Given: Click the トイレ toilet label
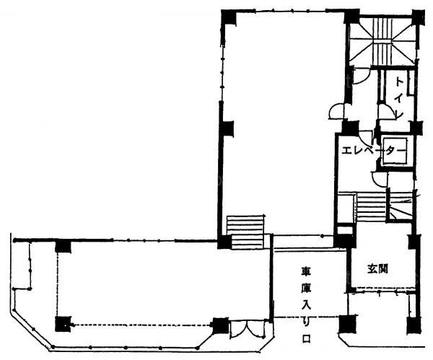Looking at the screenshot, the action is [399, 97].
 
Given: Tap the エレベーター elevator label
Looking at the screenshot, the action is [374, 151].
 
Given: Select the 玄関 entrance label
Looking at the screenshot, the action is [377, 268].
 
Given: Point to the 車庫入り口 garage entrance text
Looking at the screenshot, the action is [306, 304].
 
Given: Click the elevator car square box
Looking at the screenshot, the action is [396, 152].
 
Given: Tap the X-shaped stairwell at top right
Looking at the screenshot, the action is [382, 42].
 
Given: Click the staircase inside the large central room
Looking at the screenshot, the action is [245, 232].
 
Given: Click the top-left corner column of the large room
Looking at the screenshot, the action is [229, 17].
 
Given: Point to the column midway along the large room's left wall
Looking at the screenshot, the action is [227, 128].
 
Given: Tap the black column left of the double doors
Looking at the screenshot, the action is [221, 326].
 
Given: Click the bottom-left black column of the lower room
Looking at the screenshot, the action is [64, 324].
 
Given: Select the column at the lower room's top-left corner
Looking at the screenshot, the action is [63, 247].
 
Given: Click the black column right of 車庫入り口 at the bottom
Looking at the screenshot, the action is [348, 324].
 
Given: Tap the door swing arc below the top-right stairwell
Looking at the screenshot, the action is [362, 76].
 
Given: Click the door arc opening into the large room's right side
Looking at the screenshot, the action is [336, 111].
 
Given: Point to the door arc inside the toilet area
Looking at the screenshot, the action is [386, 111].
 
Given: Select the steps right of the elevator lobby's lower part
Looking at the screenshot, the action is [371, 207].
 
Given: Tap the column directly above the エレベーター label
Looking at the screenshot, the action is [350, 127].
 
